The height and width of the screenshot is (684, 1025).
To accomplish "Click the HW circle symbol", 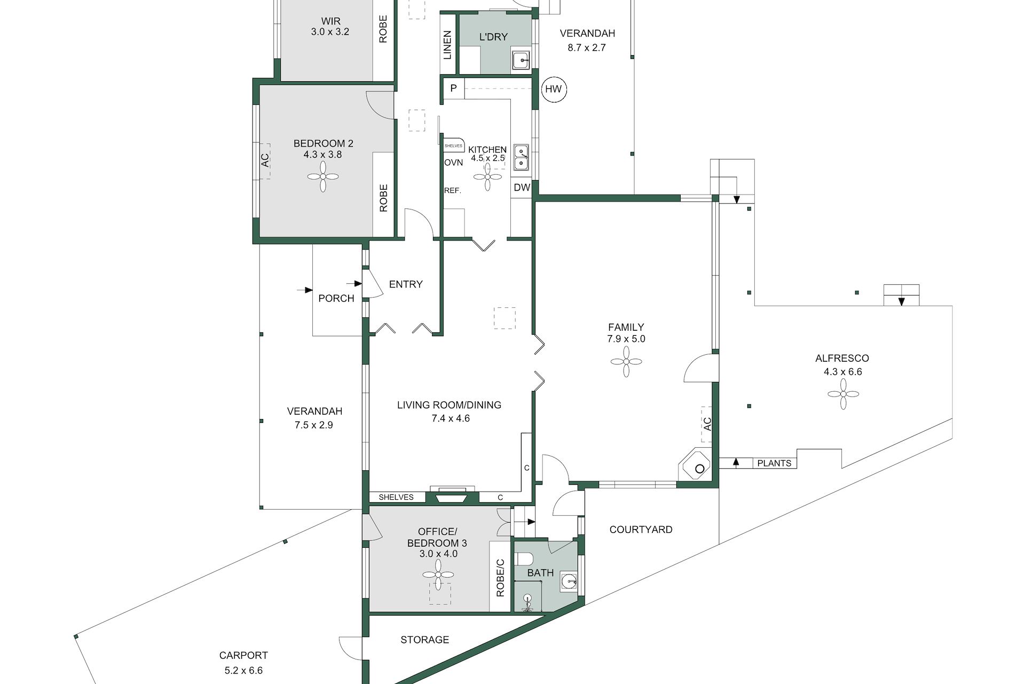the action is point(554,89).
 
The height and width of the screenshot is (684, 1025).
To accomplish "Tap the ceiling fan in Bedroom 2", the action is point(324,176).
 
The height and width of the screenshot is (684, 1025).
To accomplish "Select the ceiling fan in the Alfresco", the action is point(843,394).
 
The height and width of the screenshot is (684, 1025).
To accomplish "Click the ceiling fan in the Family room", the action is point(626,362).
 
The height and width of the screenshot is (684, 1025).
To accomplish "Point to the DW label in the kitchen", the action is point(522,188).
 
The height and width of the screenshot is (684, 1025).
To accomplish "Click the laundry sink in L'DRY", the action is point(521,60).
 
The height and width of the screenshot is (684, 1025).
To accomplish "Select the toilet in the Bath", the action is point(525,559).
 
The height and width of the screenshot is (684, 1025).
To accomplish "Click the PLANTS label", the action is point(774,463).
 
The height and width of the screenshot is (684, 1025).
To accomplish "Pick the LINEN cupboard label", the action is point(447,45).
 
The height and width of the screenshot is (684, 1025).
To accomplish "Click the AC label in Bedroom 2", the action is point(265,160).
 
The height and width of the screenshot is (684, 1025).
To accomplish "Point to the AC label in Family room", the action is point(707,424).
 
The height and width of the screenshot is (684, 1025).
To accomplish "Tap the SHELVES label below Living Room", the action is point(396,497).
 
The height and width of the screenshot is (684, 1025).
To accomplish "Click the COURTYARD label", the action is point(641,530).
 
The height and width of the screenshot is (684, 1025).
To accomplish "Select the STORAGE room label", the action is point(425,640).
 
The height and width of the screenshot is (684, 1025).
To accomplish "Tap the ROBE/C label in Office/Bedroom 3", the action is point(500,578).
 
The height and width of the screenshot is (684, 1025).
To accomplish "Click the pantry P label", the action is point(454,88).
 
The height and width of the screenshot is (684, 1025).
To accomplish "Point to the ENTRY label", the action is point(406,284).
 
